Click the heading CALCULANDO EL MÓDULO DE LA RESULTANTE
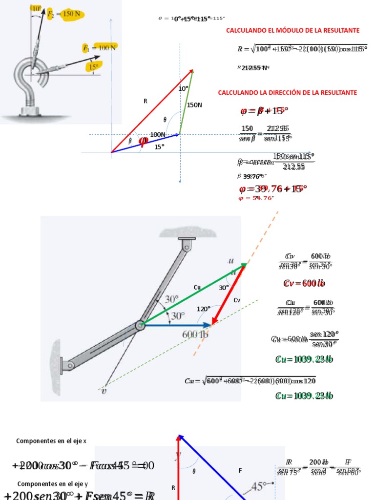point(292,30)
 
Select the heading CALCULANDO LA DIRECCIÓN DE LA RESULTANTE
point(287,92)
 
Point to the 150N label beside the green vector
point(194,105)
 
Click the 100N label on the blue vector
point(157,135)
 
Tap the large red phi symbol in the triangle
point(144,141)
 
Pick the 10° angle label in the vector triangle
point(183,89)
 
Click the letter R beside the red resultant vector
point(145,101)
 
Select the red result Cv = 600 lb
point(304,284)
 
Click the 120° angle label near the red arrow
point(203,309)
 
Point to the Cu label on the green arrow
point(197,288)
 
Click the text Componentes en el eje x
point(51,441)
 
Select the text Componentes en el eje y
point(52,484)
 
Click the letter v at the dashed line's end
point(103,390)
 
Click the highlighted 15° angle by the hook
point(93,67)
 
